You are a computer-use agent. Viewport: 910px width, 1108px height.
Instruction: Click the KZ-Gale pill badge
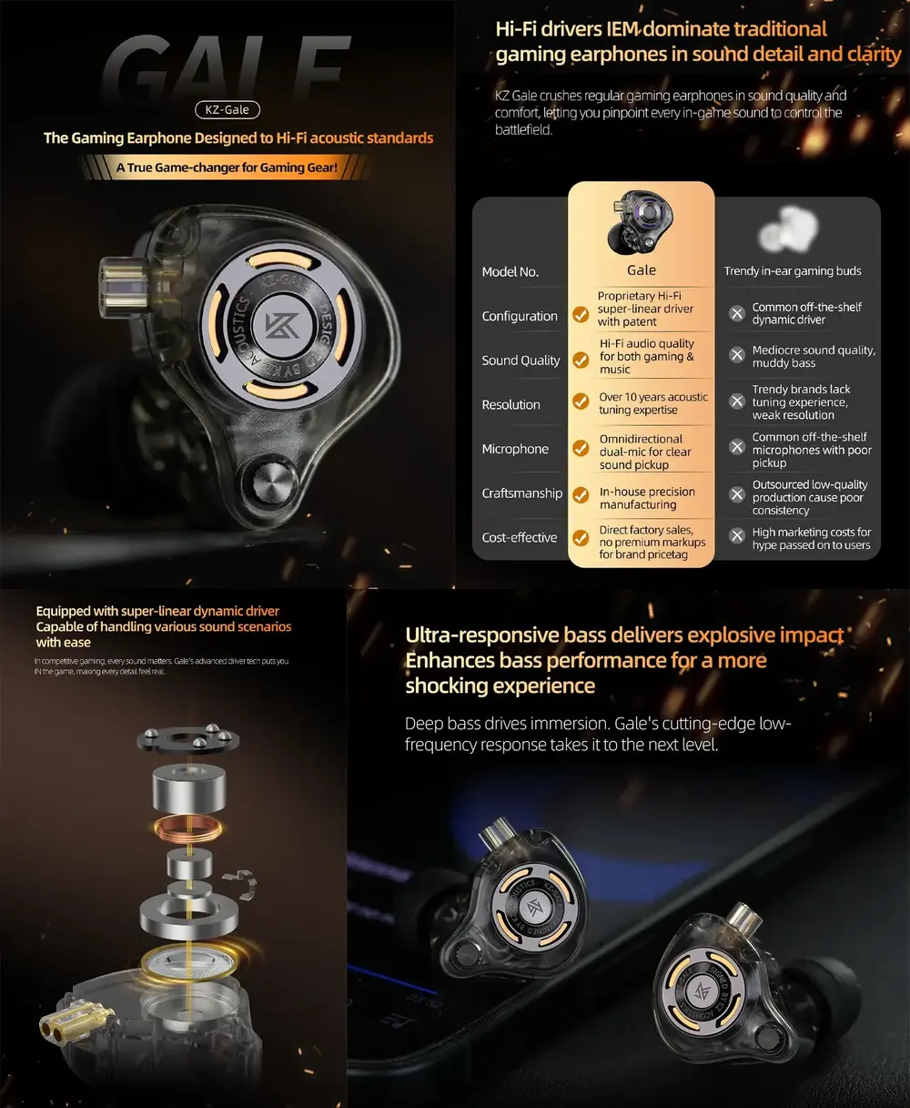click(227, 110)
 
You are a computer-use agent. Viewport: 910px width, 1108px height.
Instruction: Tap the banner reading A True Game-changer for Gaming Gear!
click(227, 168)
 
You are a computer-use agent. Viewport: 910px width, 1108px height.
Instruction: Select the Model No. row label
click(510, 272)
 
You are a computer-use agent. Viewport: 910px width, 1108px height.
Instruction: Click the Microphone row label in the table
click(515, 449)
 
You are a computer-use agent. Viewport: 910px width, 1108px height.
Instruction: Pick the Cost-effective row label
click(519, 538)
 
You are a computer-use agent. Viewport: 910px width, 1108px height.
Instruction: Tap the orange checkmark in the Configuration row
click(580, 315)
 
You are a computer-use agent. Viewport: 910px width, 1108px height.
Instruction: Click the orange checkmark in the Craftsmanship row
click(580, 493)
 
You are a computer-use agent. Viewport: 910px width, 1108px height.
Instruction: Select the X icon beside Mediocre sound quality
click(737, 355)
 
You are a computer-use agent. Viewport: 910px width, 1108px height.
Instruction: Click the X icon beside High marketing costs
click(737, 536)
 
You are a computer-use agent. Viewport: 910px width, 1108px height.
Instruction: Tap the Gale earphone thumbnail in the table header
click(641, 223)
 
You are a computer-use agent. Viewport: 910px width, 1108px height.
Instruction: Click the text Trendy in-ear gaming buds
click(793, 271)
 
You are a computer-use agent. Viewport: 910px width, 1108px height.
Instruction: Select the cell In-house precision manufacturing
click(647, 498)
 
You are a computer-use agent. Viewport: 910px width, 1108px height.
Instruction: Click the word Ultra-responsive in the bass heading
click(481, 635)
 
